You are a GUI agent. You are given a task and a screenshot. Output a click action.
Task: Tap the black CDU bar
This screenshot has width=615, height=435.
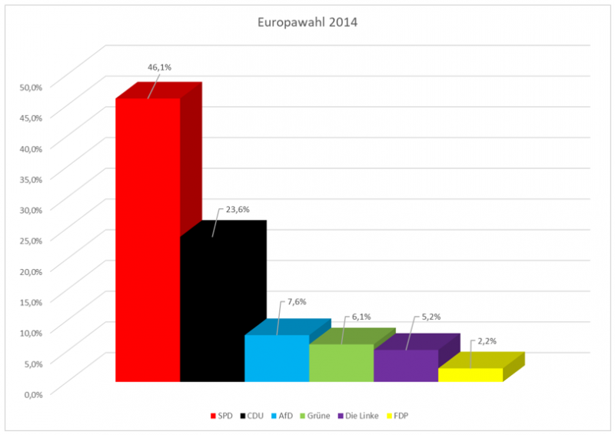(x=212, y=307)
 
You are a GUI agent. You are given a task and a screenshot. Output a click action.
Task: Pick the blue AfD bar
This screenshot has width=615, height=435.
(x=277, y=358)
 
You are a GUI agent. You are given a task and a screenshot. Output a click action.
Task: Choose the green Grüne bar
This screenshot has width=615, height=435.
(x=341, y=363)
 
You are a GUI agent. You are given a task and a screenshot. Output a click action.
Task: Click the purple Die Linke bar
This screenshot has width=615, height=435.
(x=406, y=366)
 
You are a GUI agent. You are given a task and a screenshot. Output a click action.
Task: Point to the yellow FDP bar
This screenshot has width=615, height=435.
(x=470, y=375)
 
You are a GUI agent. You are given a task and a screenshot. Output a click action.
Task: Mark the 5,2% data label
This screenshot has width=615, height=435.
(x=430, y=317)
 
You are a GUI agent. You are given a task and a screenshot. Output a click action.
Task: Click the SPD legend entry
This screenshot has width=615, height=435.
(x=222, y=416)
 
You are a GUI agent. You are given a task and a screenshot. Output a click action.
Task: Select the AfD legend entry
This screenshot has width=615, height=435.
(x=284, y=416)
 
